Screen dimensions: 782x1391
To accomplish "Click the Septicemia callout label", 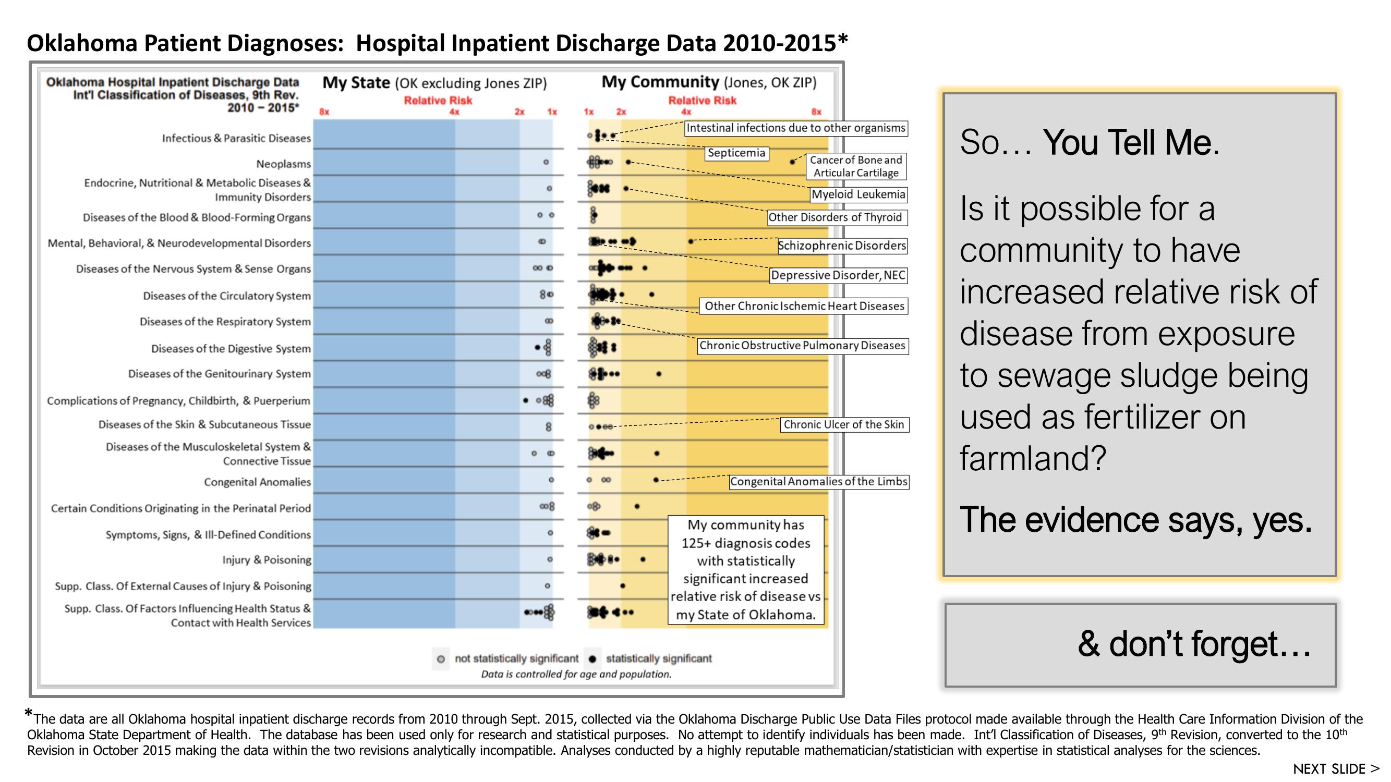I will (x=736, y=153).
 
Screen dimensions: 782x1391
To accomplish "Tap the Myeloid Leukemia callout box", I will (x=858, y=194).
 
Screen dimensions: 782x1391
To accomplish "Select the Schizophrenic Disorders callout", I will (x=841, y=246).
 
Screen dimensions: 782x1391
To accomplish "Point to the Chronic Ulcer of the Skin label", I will (x=843, y=425).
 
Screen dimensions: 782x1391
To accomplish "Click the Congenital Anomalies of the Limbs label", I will (x=819, y=481).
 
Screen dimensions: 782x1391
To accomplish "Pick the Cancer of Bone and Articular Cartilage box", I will (x=856, y=166).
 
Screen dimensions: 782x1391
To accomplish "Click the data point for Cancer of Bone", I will (x=792, y=162).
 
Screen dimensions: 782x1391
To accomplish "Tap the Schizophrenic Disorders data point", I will (x=691, y=241).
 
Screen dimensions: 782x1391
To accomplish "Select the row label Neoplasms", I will (x=284, y=164).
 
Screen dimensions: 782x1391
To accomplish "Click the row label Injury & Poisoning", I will (x=267, y=559).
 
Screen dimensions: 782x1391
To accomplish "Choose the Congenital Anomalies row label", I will (x=257, y=482).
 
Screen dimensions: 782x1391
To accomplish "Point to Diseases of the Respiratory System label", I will (x=225, y=322).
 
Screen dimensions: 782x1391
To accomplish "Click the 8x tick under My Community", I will (x=816, y=112).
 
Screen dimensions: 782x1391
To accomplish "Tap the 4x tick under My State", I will (x=454, y=112).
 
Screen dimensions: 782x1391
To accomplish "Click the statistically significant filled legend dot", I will (x=593, y=659).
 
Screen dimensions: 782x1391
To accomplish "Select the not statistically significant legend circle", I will (x=441, y=659).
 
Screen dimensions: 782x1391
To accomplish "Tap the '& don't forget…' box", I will (x=1140, y=644).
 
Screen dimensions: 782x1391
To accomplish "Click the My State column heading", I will (x=434, y=83).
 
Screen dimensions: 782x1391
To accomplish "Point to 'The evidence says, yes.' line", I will (x=1135, y=520).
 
